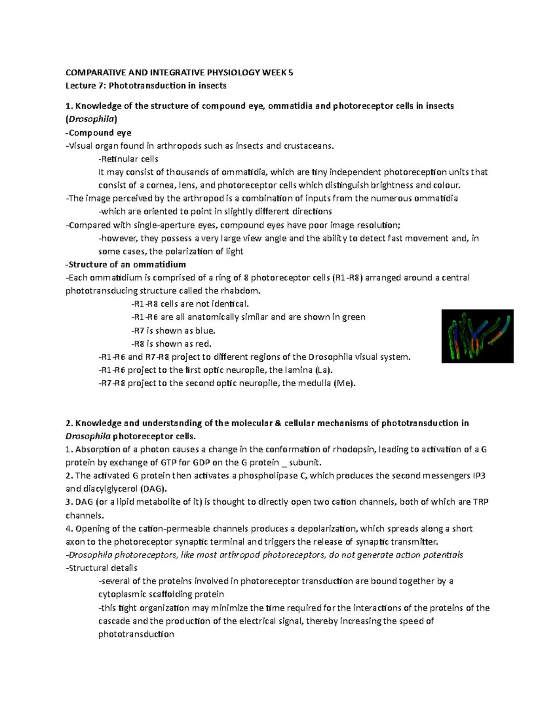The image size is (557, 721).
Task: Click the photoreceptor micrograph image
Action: click(x=477, y=336)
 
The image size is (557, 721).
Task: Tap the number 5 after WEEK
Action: click(x=291, y=72)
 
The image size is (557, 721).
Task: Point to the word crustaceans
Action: click(x=309, y=146)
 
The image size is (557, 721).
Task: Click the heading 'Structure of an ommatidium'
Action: click(x=126, y=265)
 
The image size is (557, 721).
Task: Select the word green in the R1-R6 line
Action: click(x=354, y=317)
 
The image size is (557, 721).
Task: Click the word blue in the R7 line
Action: click(x=206, y=331)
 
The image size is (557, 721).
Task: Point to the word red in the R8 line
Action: click(x=202, y=344)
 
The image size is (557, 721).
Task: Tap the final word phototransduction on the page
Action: click(x=136, y=634)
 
